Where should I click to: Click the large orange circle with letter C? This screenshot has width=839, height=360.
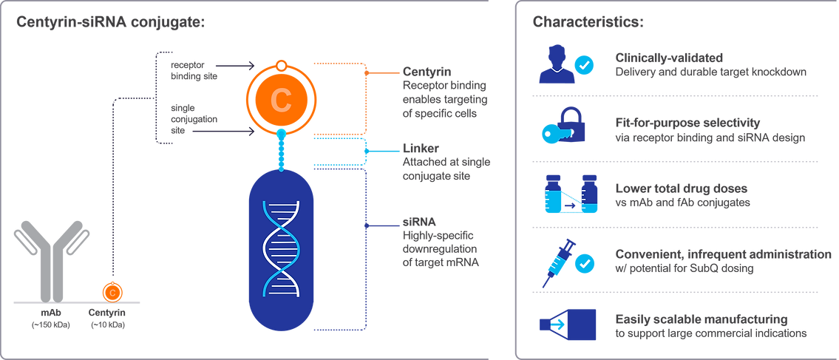tap(280, 99)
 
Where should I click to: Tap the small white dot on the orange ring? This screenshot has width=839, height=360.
tap(280, 67)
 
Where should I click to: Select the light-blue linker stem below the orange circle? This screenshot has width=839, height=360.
tap(281, 149)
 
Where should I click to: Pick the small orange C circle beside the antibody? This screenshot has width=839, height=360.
tap(112, 291)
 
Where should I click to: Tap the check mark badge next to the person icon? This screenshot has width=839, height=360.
tap(585, 66)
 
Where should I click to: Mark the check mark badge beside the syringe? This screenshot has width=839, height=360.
tap(585, 262)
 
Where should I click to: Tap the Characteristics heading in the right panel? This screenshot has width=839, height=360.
tap(588, 22)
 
